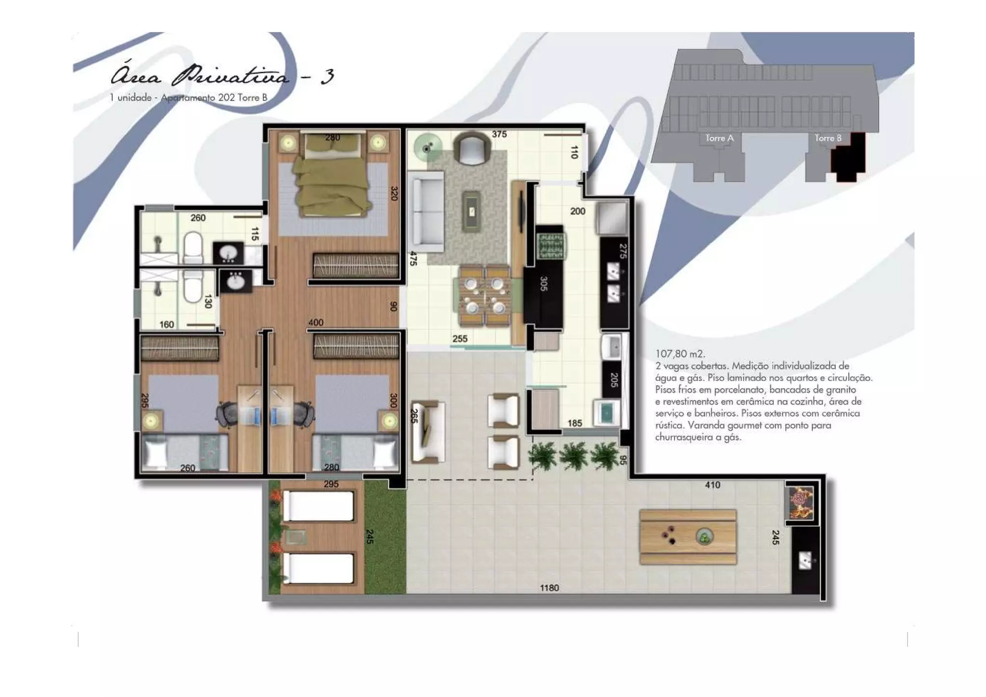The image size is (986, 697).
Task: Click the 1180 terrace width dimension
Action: (549, 588)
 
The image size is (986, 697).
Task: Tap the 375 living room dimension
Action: (499, 134)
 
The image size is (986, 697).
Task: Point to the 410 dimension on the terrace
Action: (713, 485)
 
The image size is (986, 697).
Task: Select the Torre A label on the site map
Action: (719, 138)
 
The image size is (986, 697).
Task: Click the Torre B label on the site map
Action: (828, 138)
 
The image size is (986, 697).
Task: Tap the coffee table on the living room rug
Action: (471, 210)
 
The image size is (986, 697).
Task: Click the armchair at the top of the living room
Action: (471, 148)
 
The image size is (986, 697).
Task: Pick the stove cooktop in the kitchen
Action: (549, 246)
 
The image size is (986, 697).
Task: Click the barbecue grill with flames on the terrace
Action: (801, 503)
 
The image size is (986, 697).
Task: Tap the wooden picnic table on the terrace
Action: (688, 537)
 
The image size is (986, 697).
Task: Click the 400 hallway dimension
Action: (316, 323)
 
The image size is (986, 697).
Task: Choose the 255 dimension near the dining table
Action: (460, 339)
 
